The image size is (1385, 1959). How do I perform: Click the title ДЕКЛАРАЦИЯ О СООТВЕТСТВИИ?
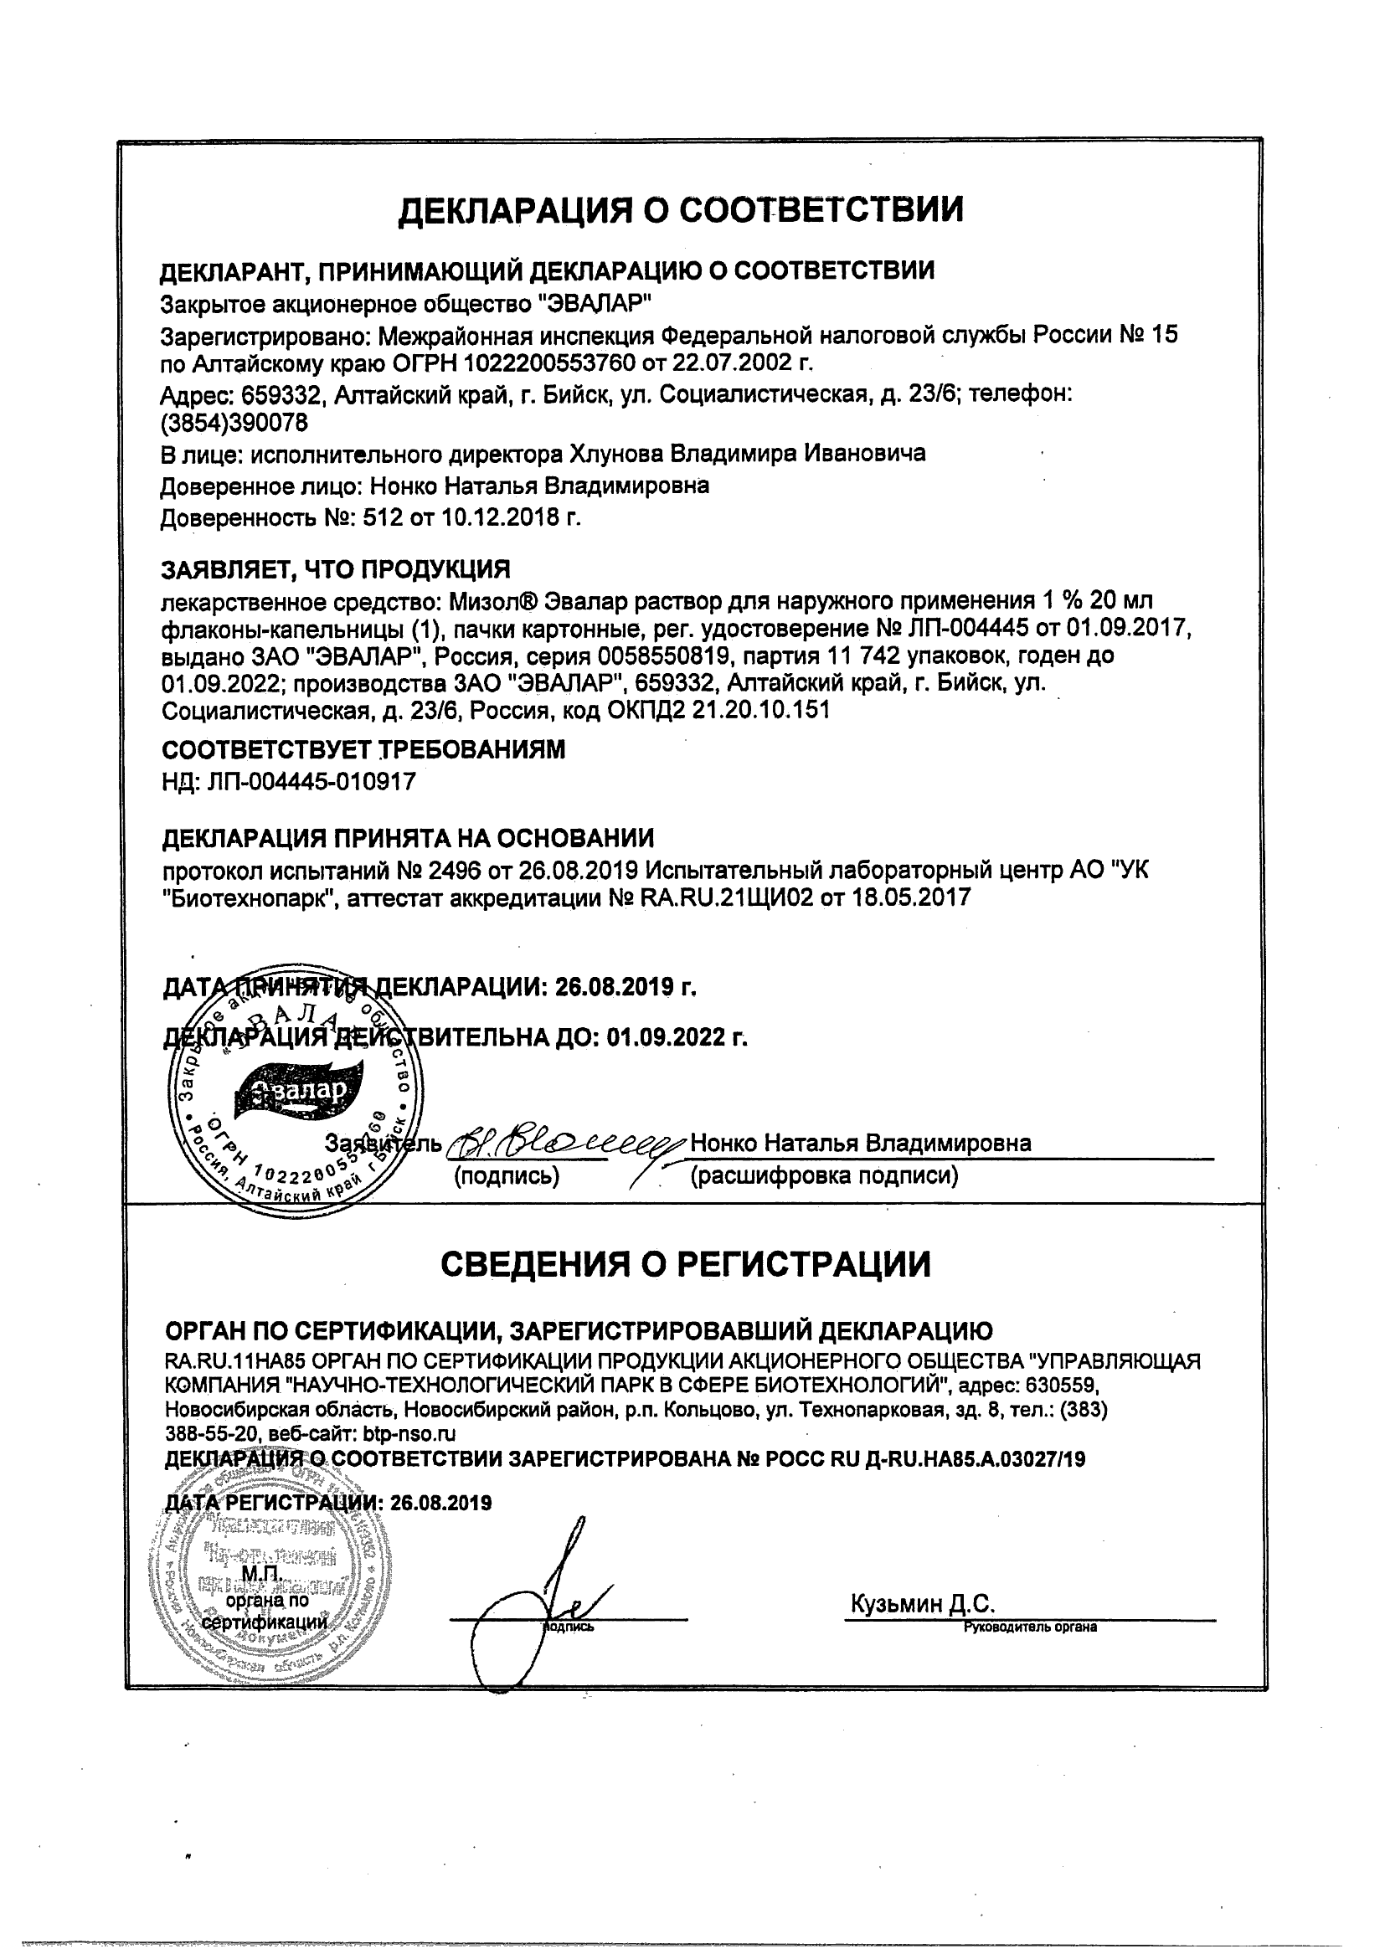tap(681, 209)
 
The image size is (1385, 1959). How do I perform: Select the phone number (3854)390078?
tap(223, 422)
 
